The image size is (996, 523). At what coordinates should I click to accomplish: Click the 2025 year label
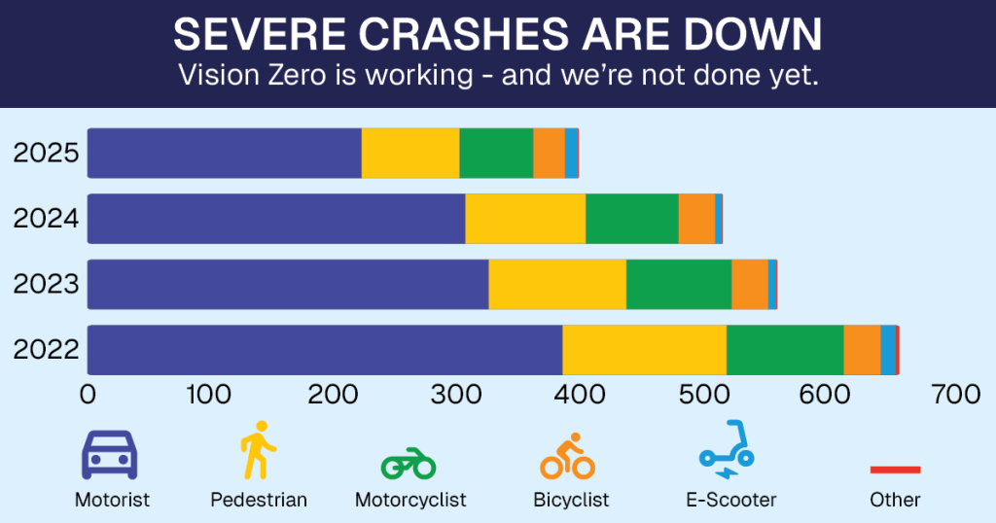tap(45, 154)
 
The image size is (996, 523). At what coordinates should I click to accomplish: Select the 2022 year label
tap(45, 349)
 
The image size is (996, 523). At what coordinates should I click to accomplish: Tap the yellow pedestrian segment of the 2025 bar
tap(409, 154)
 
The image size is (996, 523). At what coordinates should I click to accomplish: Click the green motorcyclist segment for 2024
tap(631, 219)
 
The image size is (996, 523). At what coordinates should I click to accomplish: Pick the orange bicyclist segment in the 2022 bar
tap(861, 349)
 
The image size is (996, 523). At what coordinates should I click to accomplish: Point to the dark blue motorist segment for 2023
tap(288, 284)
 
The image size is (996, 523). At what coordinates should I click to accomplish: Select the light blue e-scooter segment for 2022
tap(887, 349)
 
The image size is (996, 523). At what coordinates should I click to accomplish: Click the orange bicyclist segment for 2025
tap(549, 154)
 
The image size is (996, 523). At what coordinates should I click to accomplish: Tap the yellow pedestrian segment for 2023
tap(556, 284)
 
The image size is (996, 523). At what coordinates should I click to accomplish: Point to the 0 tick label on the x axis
tap(88, 395)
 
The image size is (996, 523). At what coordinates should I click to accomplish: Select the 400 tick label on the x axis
tap(581, 395)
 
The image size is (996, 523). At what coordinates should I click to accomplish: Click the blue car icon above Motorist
tap(108, 453)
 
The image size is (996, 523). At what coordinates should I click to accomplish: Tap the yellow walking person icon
tap(258, 450)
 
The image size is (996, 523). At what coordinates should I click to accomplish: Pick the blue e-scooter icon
tap(726, 450)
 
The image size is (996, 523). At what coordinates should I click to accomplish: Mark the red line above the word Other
tap(895, 470)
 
